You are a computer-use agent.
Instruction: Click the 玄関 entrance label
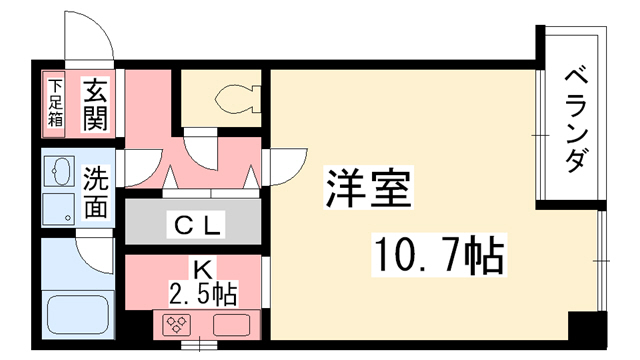[x=95, y=102]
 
